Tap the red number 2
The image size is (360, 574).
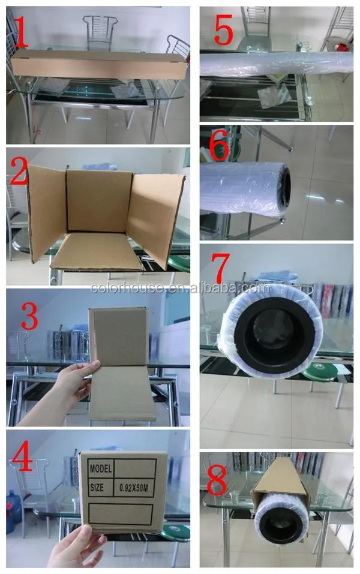[x=19, y=170]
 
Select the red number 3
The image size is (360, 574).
[x=29, y=316]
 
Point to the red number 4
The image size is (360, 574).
[x=22, y=456]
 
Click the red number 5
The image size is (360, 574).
[x=223, y=30]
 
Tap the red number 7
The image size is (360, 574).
[x=220, y=268]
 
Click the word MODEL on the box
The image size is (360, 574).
[x=101, y=469]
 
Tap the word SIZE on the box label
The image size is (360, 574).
[x=97, y=488]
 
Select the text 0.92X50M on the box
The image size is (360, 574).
[x=134, y=488]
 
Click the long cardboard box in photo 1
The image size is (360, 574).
[x=99, y=65]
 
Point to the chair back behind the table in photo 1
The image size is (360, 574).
[x=100, y=32]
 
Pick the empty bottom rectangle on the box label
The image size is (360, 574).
[x=121, y=513]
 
